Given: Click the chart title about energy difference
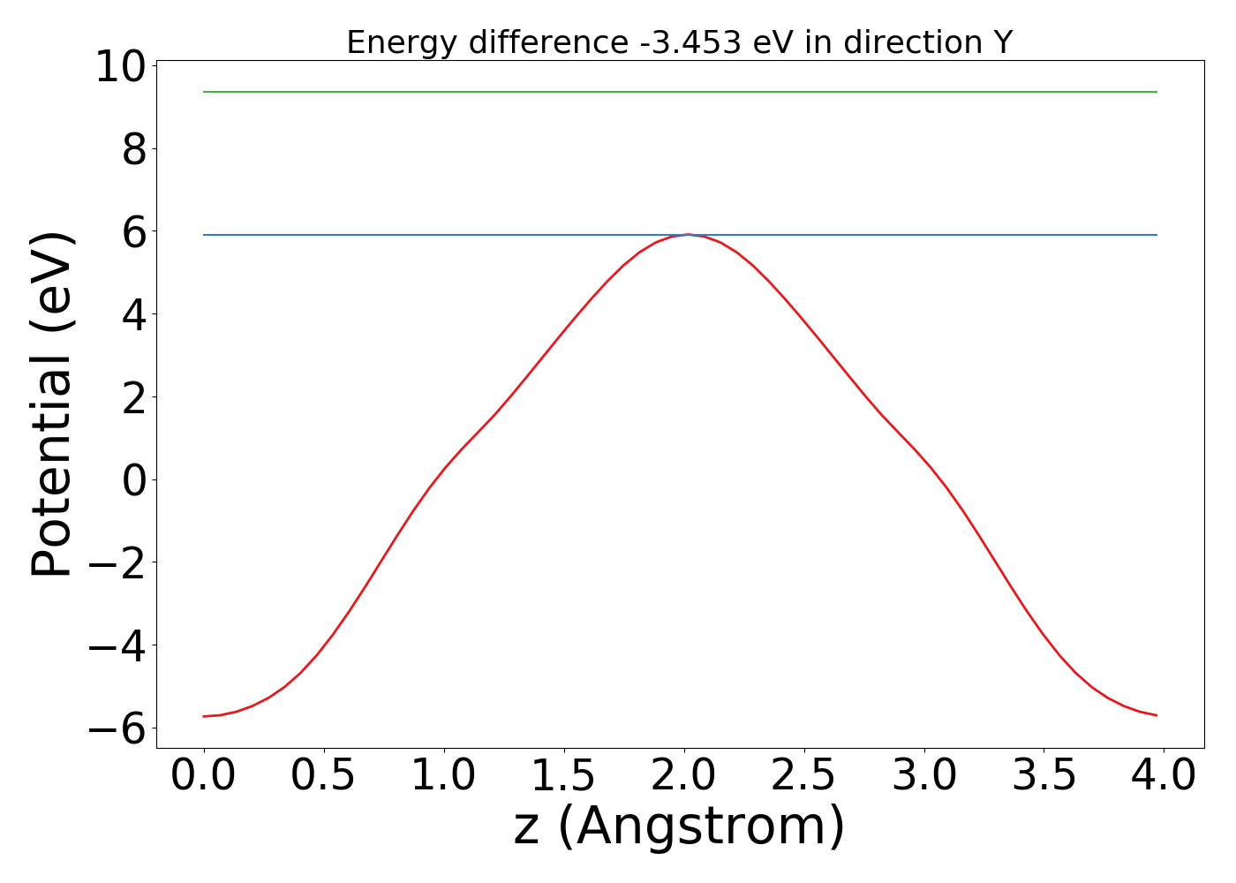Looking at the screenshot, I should [x=679, y=42].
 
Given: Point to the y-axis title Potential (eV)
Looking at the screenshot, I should [x=53, y=404].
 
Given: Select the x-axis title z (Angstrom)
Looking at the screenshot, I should [x=679, y=826].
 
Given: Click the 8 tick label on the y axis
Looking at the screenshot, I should [x=133, y=149].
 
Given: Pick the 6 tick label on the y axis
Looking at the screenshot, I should [x=133, y=232].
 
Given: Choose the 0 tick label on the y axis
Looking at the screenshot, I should [x=133, y=479].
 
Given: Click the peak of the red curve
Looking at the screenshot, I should [x=688, y=235].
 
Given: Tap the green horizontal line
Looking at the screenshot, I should [x=679, y=92].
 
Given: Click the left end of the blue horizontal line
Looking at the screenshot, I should [x=205, y=235].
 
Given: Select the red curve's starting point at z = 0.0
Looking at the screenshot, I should [x=204, y=716].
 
